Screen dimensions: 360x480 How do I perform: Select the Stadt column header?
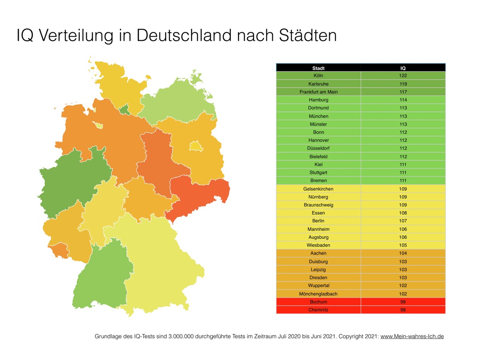click(318, 68)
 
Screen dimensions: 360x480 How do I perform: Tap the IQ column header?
click(403, 68)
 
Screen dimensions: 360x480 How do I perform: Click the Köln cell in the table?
click(318, 76)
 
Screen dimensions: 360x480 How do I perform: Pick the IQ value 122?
click(403, 76)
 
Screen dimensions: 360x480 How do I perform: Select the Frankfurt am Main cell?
click(318, 92)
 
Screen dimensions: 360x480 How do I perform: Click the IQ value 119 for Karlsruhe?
click(403, 84)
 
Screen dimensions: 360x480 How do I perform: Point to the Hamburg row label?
click(318, 100)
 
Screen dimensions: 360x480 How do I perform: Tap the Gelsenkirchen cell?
click(318, 189)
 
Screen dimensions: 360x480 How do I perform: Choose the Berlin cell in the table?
click(318, 221)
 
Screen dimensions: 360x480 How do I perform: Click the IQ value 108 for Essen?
click(403, 213)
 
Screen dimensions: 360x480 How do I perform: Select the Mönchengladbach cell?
click(318, 294)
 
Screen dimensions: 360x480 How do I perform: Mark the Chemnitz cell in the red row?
click(318, 310)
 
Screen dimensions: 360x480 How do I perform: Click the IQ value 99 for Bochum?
click(403, 302)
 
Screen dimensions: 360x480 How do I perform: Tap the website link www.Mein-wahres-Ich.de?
click(412, 336)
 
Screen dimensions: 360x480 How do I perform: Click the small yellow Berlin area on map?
click(196, 146)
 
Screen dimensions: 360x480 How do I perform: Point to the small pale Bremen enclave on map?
click(99, 126)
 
